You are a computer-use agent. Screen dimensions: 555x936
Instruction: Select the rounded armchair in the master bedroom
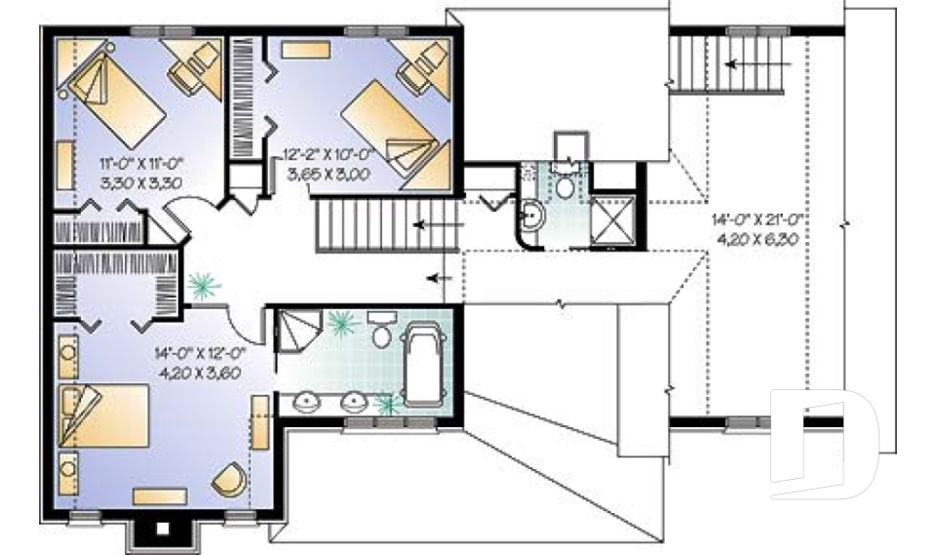[231, 478]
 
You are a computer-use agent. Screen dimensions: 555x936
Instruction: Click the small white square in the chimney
[163, 529]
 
